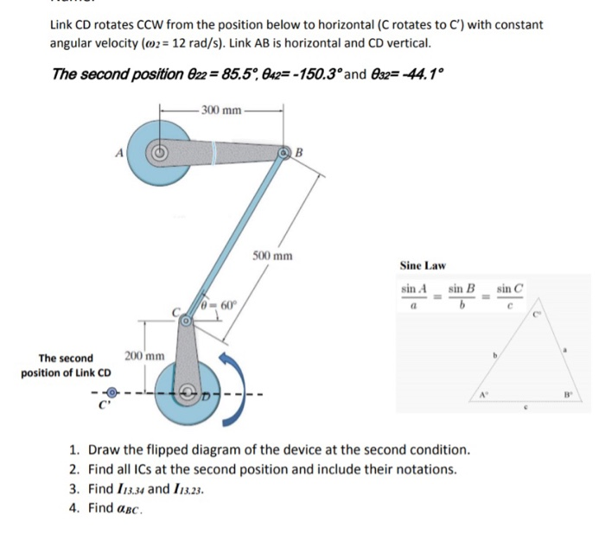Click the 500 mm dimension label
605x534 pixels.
pos(272,257)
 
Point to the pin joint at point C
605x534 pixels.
pos(187,321)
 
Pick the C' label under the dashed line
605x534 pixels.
pos(104,412)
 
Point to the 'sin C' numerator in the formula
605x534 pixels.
pos(510,287)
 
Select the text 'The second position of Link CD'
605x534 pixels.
pos(67,366)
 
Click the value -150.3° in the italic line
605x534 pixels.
pos(298,73)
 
